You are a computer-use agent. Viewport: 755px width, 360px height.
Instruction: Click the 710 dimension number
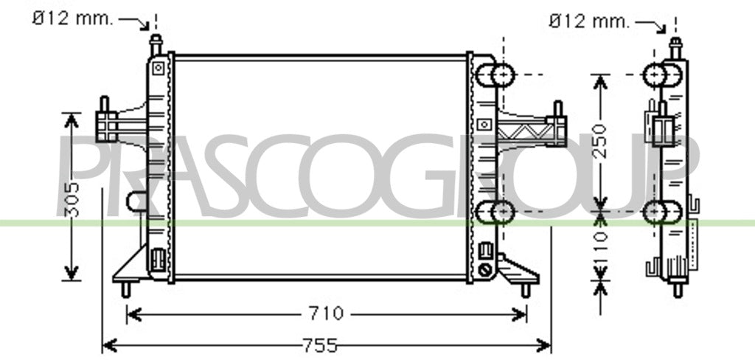click(326, 314)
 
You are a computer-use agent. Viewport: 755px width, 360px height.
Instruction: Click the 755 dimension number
click(320, 345)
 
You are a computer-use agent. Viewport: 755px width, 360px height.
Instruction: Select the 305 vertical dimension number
click(72, 199)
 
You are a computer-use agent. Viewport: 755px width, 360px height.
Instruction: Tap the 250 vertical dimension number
click(599, 141)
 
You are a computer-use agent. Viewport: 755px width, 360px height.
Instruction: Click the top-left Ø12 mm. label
click(72, 18)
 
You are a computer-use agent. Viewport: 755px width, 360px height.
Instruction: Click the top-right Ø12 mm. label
click(588, 21)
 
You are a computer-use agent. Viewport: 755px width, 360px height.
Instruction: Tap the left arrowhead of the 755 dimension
click(110, 345)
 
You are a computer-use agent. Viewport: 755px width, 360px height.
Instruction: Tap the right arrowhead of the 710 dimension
click(520, 315)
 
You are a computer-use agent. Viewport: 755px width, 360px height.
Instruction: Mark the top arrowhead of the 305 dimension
click(72, 120)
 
